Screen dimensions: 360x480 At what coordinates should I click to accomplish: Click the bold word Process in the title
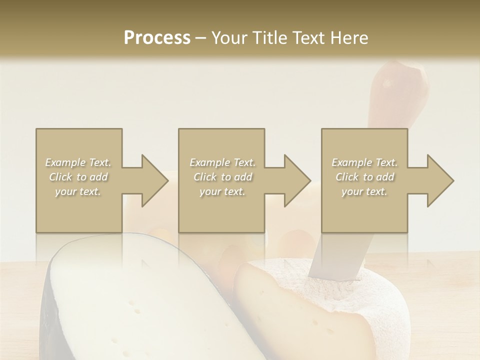(x=157, y=38)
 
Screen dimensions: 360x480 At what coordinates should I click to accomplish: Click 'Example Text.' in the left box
(x=78, y=162)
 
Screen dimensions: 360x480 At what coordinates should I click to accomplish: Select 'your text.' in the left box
(x=78, y=191)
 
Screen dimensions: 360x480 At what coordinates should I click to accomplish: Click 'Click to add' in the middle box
(x=222, y=177)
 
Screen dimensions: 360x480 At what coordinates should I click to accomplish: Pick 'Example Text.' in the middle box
(x=222, y=162)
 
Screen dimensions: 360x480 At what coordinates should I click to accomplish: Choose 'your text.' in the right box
(x=364, y=191)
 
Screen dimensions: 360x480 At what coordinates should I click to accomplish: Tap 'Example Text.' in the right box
(x=364, y=162)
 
